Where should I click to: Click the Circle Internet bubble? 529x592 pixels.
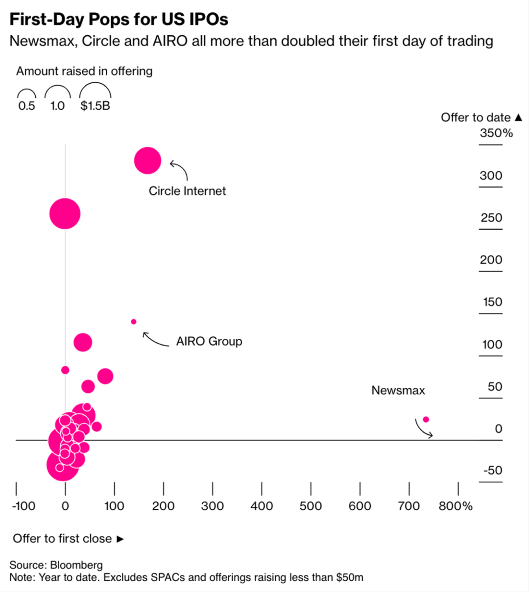coord(147,160)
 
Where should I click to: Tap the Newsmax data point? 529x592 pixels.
coord(426,419)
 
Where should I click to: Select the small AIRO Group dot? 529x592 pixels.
coord(134,322)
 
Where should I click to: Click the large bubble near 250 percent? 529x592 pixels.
coord(65,213)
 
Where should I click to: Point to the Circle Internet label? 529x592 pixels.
coord(187,191)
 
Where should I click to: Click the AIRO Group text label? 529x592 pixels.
coord(209,341)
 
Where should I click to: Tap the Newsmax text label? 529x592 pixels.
coord(398,390)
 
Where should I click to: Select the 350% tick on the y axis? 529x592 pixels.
coord(496,133)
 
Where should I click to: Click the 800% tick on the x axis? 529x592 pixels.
coord(456,506)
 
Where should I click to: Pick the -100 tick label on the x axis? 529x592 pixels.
coord(24,506)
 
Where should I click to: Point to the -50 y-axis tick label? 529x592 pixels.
coord(492,471)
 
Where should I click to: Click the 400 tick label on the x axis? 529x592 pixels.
coord(262,506)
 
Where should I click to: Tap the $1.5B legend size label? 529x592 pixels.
coord(95,106)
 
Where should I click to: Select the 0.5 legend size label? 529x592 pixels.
coord(26,106)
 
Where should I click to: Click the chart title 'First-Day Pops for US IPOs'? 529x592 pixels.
coord(119,20)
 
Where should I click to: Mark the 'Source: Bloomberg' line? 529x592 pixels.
coord(56,565)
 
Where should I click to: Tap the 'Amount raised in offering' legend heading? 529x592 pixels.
coord(84,71)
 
